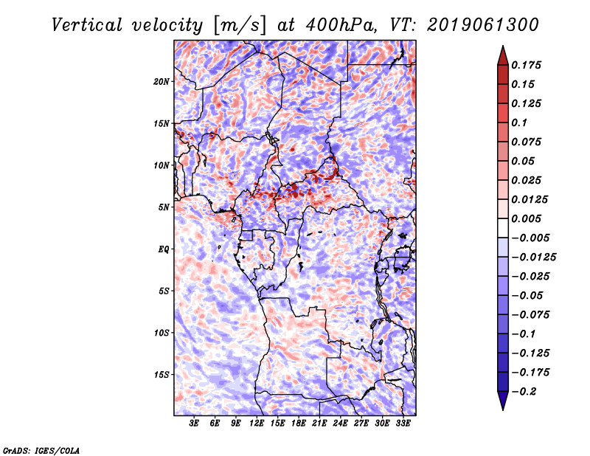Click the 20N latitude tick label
162,81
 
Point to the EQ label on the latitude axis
163,249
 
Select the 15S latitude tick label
162,375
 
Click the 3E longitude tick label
195,424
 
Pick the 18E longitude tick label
299,424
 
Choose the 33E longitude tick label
403,424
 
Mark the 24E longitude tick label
341,424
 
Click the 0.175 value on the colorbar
527,65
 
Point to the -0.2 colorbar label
524,391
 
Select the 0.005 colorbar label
527,218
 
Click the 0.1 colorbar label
519,122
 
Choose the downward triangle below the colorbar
502,401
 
